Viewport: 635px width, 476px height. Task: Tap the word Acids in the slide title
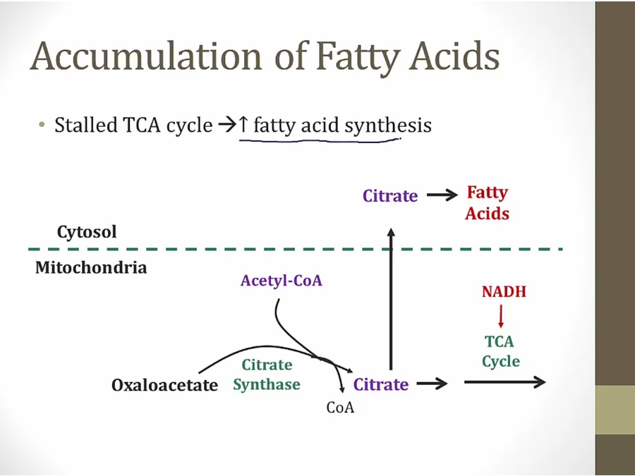[x=454, y=56]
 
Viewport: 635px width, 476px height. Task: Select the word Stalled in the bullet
[x=86, y=125]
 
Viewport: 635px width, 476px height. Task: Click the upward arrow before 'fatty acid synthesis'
[x=243, y=124]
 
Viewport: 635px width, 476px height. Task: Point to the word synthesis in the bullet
[x=387, y=126]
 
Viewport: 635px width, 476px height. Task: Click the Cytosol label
[x=87, y=232]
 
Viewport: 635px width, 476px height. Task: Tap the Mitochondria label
[x=91, y=267]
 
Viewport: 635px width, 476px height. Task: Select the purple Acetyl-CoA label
[x=282, y=281]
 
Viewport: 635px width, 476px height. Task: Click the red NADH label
[x=504, y=291]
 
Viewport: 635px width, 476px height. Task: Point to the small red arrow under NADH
[x=501, y=316]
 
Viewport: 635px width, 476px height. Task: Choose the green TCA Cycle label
[x=500, y=351]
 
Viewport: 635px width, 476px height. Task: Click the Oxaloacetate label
[x=164, y=385]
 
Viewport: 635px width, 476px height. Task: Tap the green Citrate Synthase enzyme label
[x=267, y=374]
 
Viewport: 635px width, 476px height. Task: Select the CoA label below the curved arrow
[x=340, y=408]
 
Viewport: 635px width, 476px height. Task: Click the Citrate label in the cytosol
[x=390, y=196]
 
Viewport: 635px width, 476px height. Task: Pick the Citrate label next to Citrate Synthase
[x=381, y=384]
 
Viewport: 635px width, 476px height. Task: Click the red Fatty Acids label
[x=487, y=203]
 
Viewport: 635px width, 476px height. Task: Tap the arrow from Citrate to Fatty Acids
[x=442, y=195]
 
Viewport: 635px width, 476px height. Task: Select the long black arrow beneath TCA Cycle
[x=504, y=382]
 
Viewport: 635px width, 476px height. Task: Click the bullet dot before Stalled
[x=42, y=124]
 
